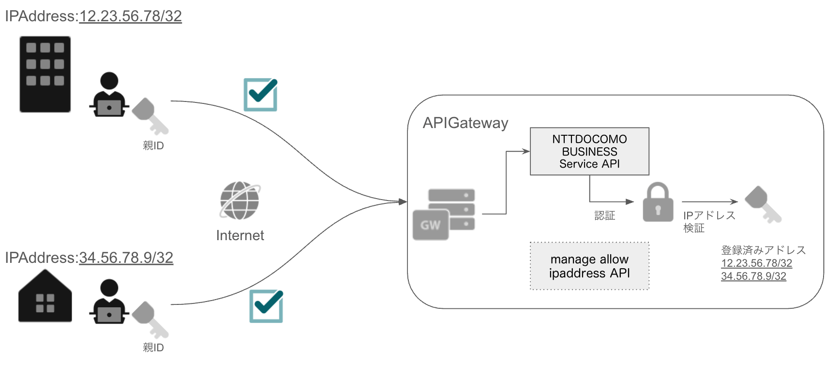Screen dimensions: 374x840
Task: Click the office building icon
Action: point(45,74)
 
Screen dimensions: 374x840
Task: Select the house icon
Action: point(45,297)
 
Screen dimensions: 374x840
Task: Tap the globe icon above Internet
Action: point(240,201)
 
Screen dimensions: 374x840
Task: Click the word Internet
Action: point(240,235)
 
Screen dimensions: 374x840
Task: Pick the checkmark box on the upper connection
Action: point(260,95)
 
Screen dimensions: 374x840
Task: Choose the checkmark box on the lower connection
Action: point(266,306)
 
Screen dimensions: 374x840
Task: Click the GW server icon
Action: point(444,215)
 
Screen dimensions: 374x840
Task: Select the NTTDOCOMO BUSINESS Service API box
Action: point(589,151)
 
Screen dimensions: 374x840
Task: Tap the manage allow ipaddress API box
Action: point(589,266)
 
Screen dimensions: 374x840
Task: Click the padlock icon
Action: point(658,202)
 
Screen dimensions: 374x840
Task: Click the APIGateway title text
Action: point(465,123)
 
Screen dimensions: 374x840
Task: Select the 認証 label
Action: point(604,216)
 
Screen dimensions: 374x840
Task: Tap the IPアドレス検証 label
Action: point(708,221)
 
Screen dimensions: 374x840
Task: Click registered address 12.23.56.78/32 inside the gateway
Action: point(756,263)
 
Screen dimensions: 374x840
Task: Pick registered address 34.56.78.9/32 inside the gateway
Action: point(753,276)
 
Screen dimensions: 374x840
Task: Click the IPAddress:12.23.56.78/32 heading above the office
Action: point(93,16)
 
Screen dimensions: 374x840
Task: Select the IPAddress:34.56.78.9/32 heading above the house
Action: point(89,258)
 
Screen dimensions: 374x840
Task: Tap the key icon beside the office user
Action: point(150,116)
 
